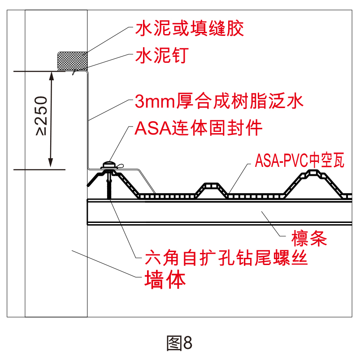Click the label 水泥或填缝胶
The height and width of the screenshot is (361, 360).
190,29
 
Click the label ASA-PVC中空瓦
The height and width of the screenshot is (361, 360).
299,160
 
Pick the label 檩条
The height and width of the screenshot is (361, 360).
309,238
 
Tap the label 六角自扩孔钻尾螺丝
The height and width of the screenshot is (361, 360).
226,258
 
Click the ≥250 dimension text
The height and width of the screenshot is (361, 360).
42,116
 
